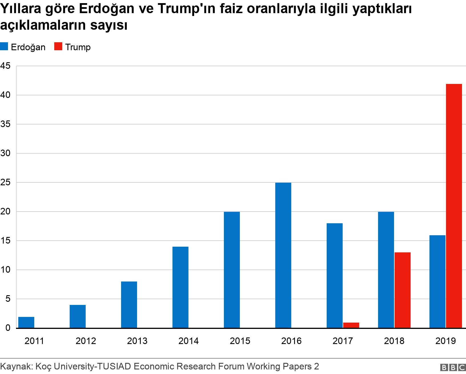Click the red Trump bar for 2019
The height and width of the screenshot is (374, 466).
pos(454,206)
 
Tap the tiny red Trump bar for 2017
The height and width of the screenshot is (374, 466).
pos(351,325)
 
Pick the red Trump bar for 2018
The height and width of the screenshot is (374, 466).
pos(403,290)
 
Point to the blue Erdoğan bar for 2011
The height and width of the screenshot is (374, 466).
pos(26,322)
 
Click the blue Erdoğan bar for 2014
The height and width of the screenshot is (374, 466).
pos(180,287)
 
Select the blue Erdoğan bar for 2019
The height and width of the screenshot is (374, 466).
pos(437,281)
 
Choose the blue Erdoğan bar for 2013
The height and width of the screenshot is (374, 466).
pos(129,304)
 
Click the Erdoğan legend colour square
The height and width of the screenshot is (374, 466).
pos(4,47)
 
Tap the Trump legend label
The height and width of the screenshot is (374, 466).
pos(78,47)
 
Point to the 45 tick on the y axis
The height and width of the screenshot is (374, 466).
pos(5,66)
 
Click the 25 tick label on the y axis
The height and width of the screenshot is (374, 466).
pos(5,182)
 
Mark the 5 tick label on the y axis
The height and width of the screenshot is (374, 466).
pos(7,299)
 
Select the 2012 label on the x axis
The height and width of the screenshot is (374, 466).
pos(86,341)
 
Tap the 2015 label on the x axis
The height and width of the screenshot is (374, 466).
pos(240,341)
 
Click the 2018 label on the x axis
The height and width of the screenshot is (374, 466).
pos(394,341)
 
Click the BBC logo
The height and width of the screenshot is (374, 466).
pos(453,367)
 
